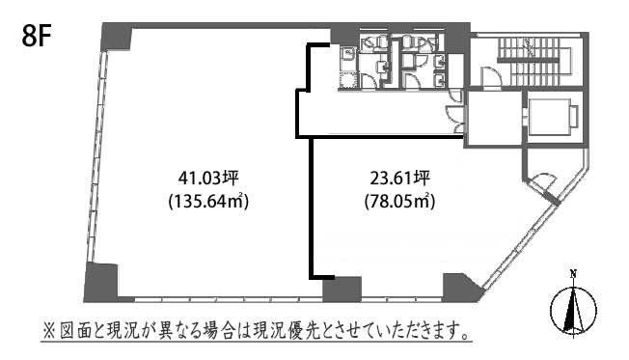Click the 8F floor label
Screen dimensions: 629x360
37,38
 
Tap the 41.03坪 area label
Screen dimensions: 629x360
208,178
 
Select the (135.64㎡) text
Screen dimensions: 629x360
208,200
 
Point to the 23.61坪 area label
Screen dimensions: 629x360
400,178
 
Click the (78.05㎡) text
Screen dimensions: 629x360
400,200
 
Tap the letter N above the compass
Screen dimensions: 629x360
574,275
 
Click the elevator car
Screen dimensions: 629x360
553,116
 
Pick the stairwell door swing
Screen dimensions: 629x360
490,76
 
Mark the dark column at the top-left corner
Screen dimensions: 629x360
117,36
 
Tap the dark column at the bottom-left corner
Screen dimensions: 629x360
101,283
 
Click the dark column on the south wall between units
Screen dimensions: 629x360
342,289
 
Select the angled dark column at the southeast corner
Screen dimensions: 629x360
461,288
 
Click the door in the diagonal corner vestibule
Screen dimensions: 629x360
543,182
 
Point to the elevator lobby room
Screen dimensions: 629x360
493,120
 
